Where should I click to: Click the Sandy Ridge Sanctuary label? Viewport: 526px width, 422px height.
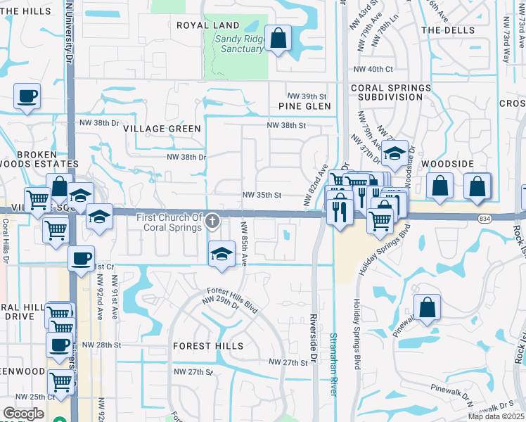tap(239, 44)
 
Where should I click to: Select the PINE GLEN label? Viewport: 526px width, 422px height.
tap(304, 106)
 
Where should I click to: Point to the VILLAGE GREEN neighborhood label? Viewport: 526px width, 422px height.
tap(162, 129)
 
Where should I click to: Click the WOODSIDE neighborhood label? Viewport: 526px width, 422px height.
tap(447, 163)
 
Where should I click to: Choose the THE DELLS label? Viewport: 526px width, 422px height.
tap(447, 30)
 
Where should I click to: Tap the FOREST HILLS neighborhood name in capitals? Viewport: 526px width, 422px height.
tap(208, 346)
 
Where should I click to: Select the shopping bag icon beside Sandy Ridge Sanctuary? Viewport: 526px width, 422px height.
tap(278, 38)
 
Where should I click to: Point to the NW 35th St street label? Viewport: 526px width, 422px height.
tap(262, 195)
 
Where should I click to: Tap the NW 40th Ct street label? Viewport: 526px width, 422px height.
tap(373, 69)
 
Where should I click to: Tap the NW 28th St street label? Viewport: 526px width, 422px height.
tap(101, 345)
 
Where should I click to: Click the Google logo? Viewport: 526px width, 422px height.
tap(23, 414)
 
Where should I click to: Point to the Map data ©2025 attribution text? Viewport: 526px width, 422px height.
tap(496, 416)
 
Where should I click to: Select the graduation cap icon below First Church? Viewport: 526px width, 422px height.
tap(222, 254)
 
